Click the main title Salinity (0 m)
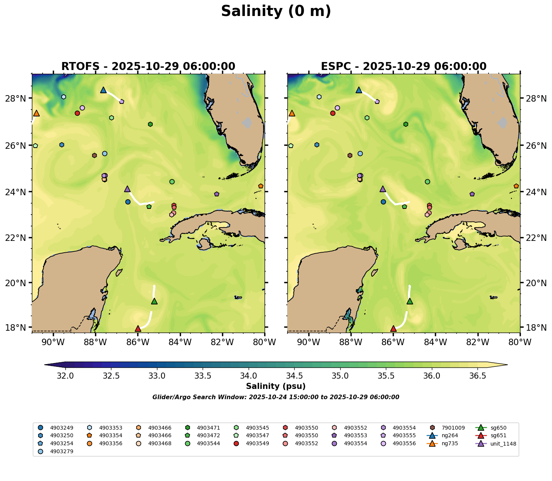[276, 11]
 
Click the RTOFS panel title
[148, 67]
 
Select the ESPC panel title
[404, 67]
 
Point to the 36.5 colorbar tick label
[477, 376]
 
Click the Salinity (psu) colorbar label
[276, 387]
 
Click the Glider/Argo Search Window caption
[276, 397]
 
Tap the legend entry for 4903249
[61, 428]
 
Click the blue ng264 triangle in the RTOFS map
[103, 90]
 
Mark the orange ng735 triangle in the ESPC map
[292, 113]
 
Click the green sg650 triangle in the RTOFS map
[154, 301]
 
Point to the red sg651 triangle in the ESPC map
[393, 328]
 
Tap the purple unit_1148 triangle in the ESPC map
[383, 189]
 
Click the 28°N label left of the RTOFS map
[18, 99]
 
